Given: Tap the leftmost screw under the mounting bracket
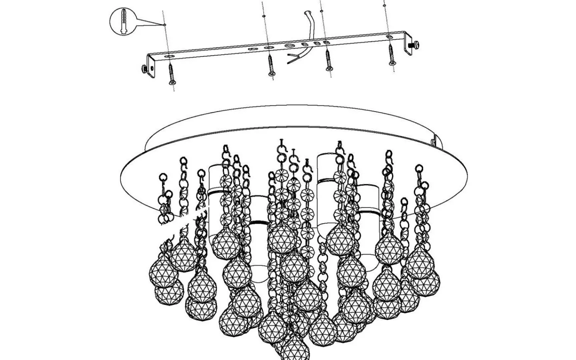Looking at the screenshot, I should (172, 74).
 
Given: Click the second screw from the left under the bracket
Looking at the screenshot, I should (271, 65).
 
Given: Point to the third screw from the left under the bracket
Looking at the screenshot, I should (329, 61).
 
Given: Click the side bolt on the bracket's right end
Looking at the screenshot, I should (415, 45).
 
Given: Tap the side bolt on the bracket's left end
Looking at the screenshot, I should (144, 69).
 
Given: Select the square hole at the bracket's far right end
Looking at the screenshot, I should (389, 37).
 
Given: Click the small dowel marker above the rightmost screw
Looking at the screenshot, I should (385, 6).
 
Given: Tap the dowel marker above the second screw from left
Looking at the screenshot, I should (264, 16).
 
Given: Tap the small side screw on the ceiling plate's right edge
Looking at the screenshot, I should (433, 141).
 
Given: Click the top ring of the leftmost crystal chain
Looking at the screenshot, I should (163, 177).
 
